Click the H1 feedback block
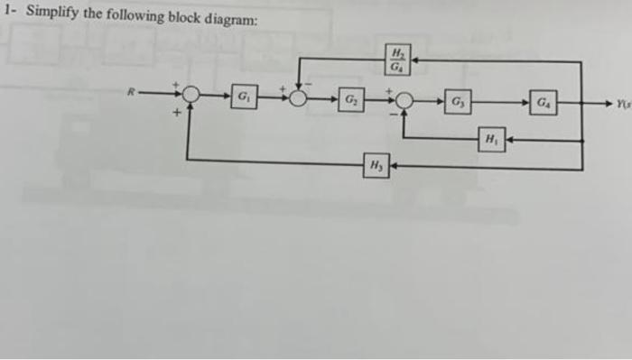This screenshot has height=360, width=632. [491, 140]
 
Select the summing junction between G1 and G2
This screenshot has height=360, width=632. [298, 96]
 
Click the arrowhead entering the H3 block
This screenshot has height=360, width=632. [395, 166]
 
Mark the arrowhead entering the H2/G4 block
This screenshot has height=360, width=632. [416, 60]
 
